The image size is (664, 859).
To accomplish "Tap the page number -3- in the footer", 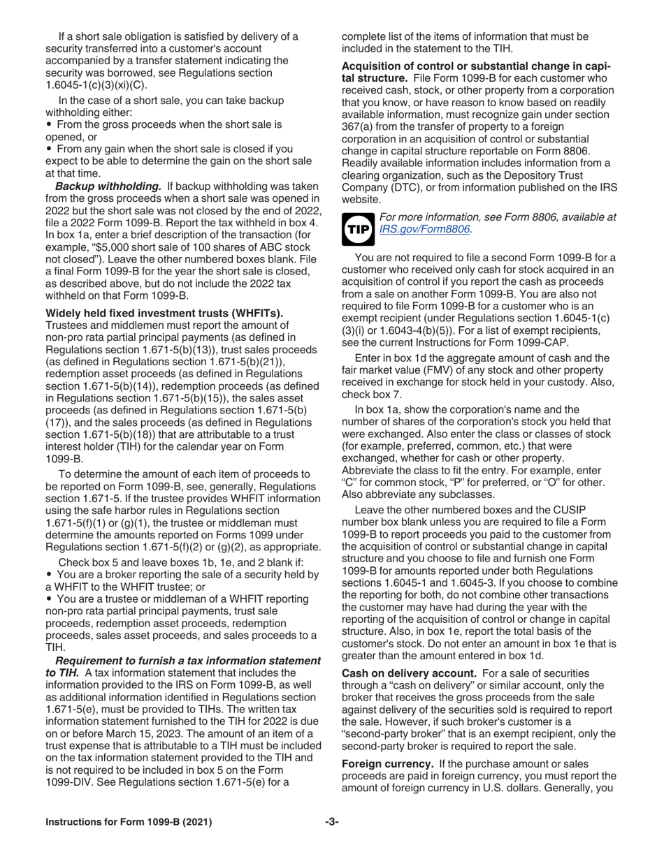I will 331,821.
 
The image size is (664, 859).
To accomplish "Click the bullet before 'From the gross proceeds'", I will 48,124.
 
